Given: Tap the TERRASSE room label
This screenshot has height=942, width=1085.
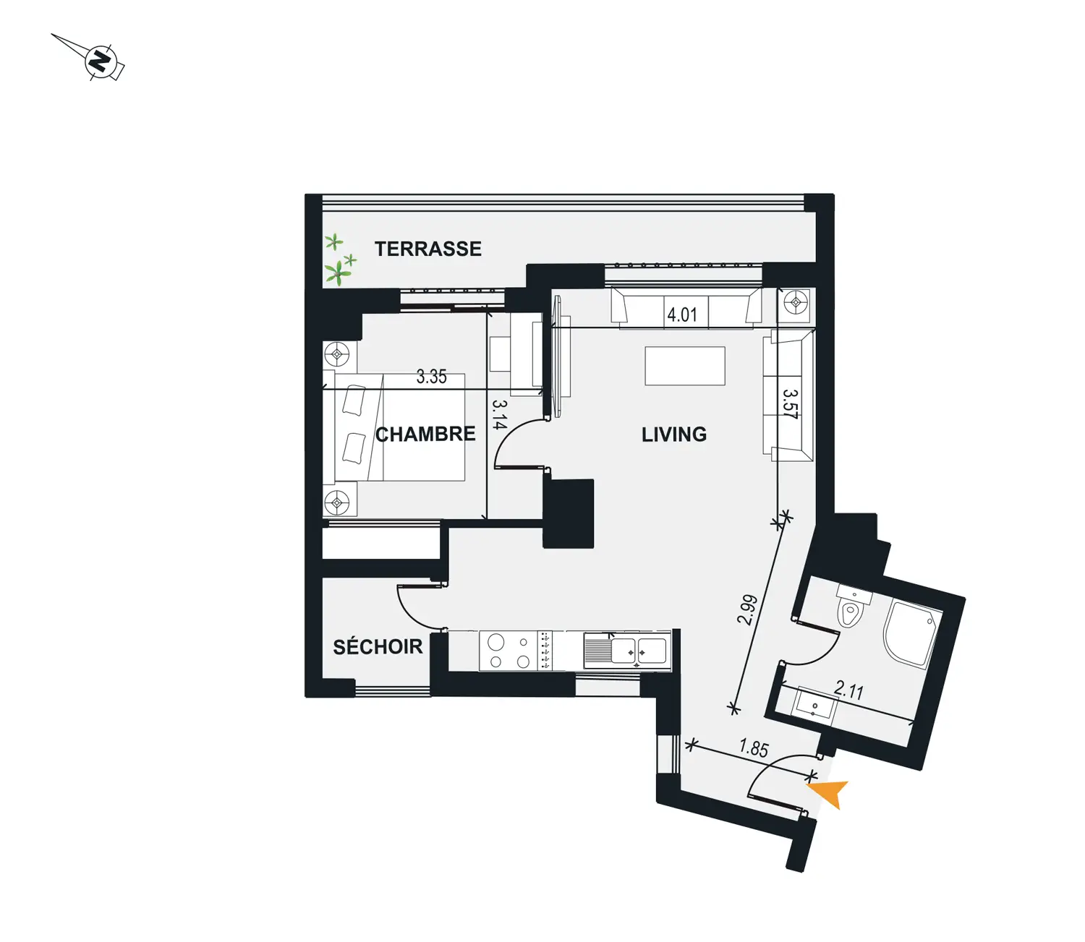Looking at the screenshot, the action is click(x=428, y=249).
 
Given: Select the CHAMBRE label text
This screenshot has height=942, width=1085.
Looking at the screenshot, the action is click(x=425, y=434).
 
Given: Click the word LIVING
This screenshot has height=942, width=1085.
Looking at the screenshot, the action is click(x=674, y=434).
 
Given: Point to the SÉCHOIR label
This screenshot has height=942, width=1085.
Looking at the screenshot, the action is click(x=378, y=646).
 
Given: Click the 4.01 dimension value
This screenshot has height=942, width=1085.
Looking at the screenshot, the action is click(x=682, y=314).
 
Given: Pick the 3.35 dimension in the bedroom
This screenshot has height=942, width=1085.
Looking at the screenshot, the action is click(x=431, y=377).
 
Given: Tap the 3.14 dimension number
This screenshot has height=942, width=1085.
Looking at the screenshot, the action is click(x=500, y=414).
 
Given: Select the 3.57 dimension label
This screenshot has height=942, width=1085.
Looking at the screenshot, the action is click(x=790, y=404).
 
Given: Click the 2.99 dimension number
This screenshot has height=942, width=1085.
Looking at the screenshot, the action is click(x=748, y=610).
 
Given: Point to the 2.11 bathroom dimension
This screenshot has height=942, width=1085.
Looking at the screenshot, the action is click(x=848, y=690).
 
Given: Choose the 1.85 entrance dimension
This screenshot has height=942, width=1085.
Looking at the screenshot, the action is click(x=754, y=749).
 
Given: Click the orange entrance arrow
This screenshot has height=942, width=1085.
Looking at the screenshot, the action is click(x=830, y=793).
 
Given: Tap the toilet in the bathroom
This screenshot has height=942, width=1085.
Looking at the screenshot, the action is click(x=852, y=605).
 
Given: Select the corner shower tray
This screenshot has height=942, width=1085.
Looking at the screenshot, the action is click(x=911, y=633).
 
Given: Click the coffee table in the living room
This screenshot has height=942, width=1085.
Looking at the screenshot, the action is click(x=684, y=366).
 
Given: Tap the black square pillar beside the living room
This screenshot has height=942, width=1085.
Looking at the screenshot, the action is click(x=569, y=513).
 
